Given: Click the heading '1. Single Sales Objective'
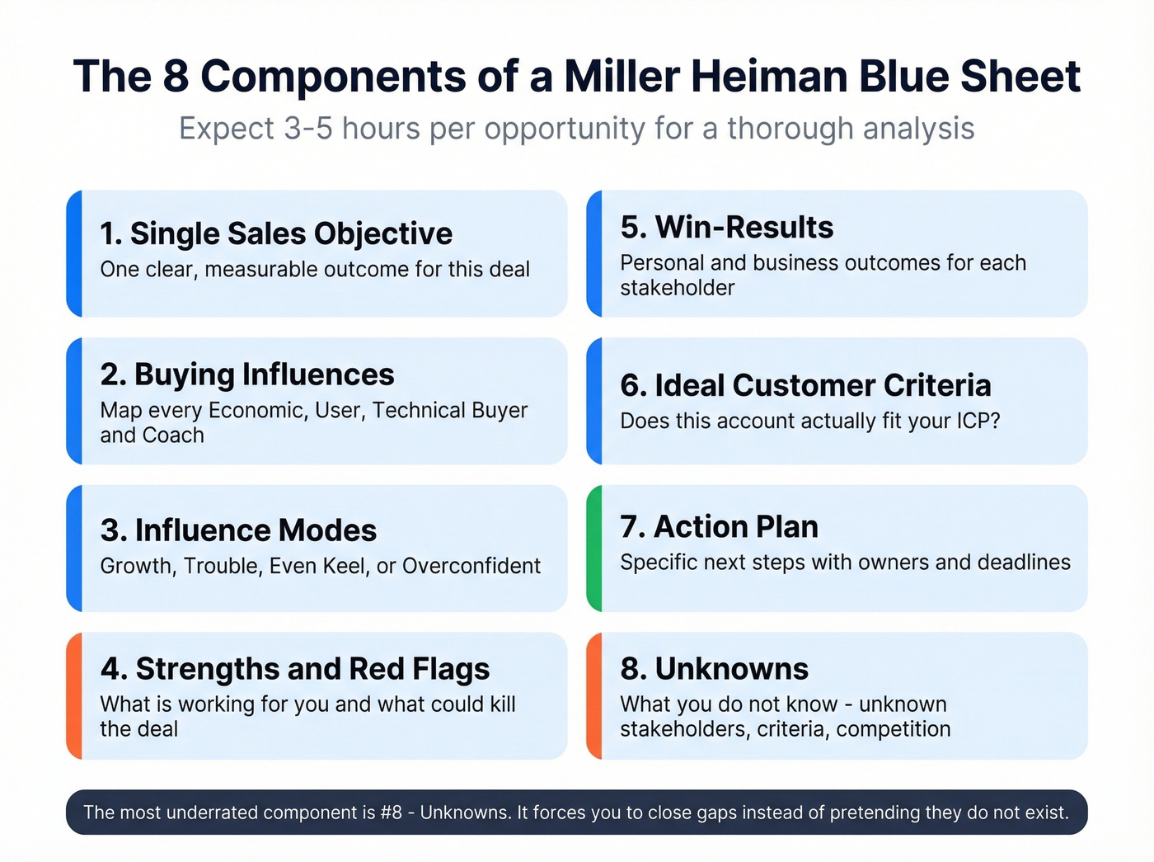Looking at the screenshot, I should tap(276, 233).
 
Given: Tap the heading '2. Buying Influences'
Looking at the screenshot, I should tap(247, 374).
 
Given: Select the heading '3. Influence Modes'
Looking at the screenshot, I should tap(238, 530).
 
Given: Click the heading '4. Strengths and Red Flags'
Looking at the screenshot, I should tap(295, 669).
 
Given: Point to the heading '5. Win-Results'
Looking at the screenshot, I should tap(726, 228).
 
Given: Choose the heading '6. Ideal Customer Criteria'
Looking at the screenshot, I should tap(805, 385).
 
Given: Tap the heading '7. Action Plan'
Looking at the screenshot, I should tap(719, 526).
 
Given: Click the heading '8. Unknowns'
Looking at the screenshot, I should tap(714, 669).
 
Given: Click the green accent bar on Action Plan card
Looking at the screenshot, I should tap(594, 549).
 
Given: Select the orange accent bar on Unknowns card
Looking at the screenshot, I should tap(594, 695).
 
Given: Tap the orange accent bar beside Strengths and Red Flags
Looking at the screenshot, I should tap(74, 695).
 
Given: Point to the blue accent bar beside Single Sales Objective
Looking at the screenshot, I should tap(74, 253).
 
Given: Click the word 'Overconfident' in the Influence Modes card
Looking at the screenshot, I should tap(471, 566).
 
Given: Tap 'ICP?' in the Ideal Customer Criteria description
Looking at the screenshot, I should tap(978, 421).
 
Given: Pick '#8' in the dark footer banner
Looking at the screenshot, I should tap(391, 813).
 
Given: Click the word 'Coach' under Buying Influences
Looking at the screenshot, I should tap(174, 436).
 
